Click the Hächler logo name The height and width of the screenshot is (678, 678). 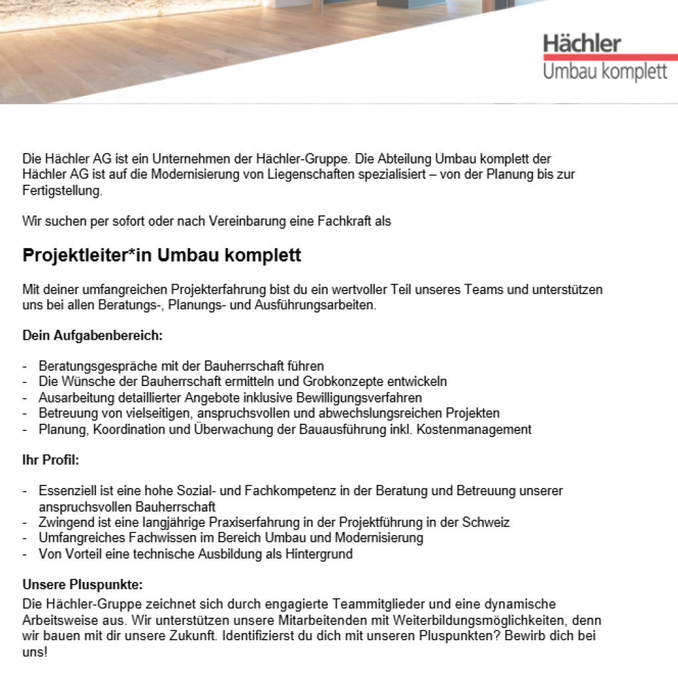point(582,44)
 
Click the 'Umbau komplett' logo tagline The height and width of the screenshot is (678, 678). point(605,72)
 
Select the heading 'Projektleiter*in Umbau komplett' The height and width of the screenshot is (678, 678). point(162,255)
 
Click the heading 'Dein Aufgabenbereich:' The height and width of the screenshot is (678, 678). point(92,336)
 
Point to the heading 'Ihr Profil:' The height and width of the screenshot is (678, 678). point(50,460)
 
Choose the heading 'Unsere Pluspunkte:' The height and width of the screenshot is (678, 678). point(82,585)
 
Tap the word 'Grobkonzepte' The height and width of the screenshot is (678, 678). point(338,381)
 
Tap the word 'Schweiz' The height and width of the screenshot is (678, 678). point(489,522)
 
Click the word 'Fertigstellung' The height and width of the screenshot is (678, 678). point(62,191)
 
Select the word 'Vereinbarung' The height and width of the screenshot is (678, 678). point(244,221)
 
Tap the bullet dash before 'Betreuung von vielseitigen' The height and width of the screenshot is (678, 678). point(25,413)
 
